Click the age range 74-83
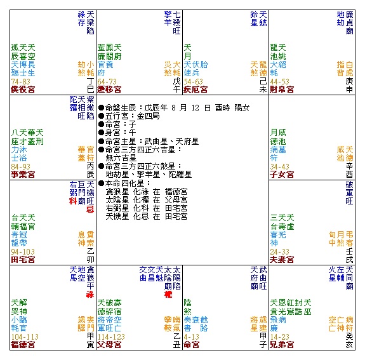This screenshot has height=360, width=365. pos(20,81)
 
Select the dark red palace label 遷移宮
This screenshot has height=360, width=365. pos(109,90)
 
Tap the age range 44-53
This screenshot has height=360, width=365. pos(279,81)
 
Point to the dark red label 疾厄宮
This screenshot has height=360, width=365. pos(196,90)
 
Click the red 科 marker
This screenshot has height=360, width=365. pos(73,201)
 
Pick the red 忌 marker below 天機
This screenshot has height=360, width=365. pos(90,209)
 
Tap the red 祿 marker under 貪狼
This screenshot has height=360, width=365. pos(90,295)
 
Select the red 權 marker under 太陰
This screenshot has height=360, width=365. pos(168,295)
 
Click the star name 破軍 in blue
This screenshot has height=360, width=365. pos(349,189)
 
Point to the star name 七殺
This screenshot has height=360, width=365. pos(176,18)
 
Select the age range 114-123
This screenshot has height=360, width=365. pos(111,337)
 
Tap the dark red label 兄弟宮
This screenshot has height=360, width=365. pos(282,345)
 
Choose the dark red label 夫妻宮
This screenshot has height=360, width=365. pos(282,260)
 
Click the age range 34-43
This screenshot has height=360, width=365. pos(279,166)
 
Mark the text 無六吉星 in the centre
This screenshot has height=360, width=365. pos(121,158)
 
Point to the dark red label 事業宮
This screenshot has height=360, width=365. pos(23,175)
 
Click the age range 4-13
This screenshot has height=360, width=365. pos(191,337)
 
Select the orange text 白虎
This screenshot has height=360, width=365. pos(349,69)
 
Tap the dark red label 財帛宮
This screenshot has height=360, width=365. pos(282,90)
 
